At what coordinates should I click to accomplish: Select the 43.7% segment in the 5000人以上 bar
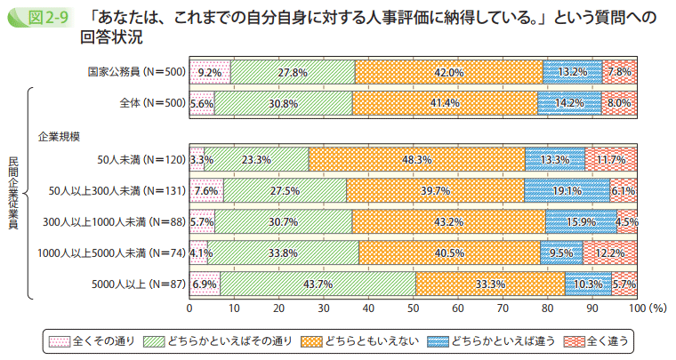coord(318,284)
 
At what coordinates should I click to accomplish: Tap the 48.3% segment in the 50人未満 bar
coord(416,159)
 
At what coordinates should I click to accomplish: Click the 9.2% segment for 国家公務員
coord(210,72)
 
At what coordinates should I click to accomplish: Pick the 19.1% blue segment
coord(567,190)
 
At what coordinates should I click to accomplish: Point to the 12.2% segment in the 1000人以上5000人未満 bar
coord(609,252)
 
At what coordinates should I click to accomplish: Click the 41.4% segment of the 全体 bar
coord(445,103)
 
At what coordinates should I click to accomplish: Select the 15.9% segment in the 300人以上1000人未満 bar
coord(581,221)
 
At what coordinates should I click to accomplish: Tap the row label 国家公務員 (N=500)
coord(136,72)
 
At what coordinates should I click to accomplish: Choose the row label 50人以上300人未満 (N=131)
coord(116,190)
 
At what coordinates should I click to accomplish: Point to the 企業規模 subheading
coord(59,136)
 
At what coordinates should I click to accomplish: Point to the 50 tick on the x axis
coord(414,308)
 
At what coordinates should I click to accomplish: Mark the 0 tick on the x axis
coord(189,308)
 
